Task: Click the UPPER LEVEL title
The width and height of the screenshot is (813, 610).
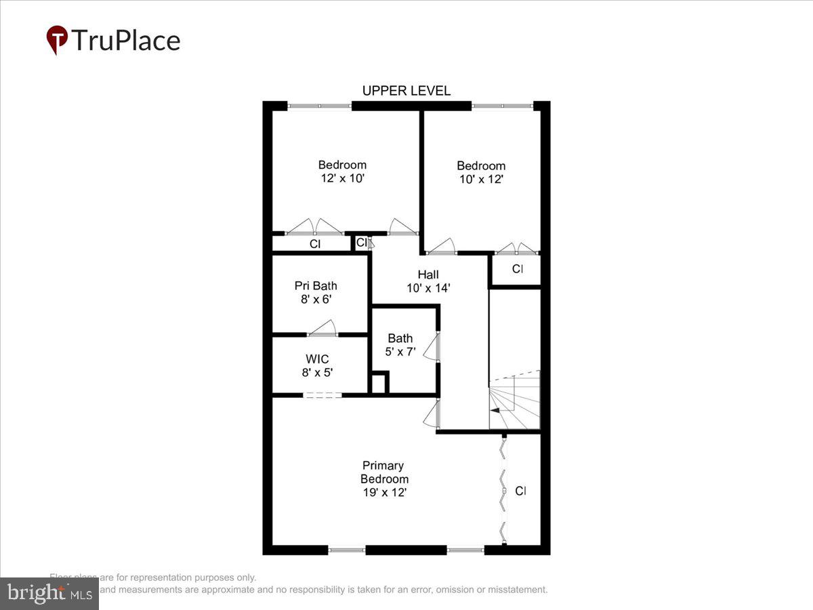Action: point(406,91)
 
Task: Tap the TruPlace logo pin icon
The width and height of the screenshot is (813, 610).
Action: point(57,40)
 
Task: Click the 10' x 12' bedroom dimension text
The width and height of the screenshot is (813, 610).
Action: point(480,180)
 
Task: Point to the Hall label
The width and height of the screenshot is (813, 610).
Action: point(428,274)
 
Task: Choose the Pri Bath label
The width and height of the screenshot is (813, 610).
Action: point(315,285)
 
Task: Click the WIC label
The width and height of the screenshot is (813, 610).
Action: point(317,359)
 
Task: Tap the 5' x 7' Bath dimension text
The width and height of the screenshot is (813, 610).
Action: point(400,352)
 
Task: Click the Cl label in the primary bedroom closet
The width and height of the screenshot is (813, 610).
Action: point(520,491)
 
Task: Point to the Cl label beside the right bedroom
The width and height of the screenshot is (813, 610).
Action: point(517,269)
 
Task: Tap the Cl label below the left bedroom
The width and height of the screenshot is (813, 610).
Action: point(315,244)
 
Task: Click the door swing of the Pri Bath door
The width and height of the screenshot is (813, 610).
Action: point(322,329)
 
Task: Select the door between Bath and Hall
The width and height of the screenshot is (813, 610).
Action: point(434,348)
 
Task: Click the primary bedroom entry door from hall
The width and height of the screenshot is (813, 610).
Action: point(432,414)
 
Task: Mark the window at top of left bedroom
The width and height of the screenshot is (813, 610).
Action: point(319,106)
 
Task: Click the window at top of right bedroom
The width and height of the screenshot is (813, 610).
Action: point(502,106)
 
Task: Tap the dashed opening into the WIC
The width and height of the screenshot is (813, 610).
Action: point(322,394)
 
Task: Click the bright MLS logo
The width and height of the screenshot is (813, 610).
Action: point(49,594)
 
